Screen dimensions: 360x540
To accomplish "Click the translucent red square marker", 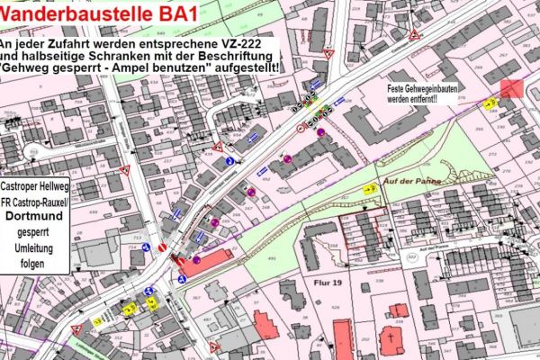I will (x=511, y=88).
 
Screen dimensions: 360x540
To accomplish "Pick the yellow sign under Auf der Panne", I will (x=370, y=189).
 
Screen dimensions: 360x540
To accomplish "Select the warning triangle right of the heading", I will (x=415, y=34).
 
